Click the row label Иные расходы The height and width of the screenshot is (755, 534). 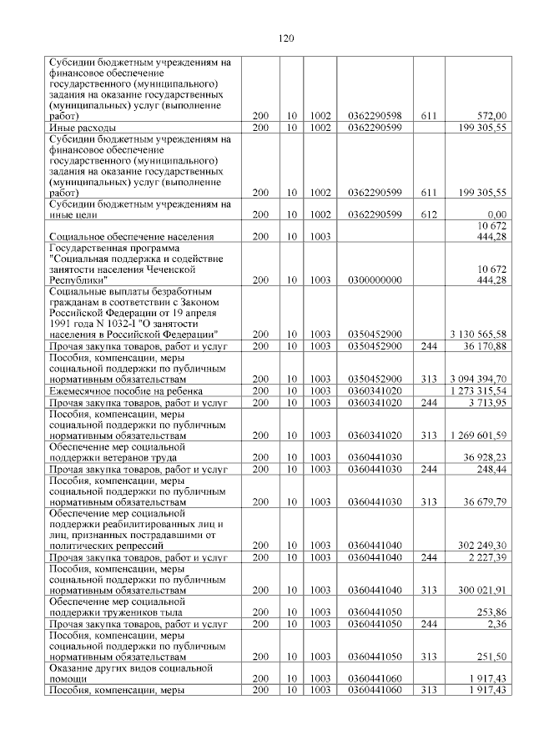pos(83,127)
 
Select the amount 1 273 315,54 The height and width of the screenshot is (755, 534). pos(477,390)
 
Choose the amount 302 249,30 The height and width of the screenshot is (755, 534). pos(483,544)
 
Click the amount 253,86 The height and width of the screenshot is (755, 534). pos(491,611)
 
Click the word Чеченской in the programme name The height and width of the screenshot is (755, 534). pos(170,269)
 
